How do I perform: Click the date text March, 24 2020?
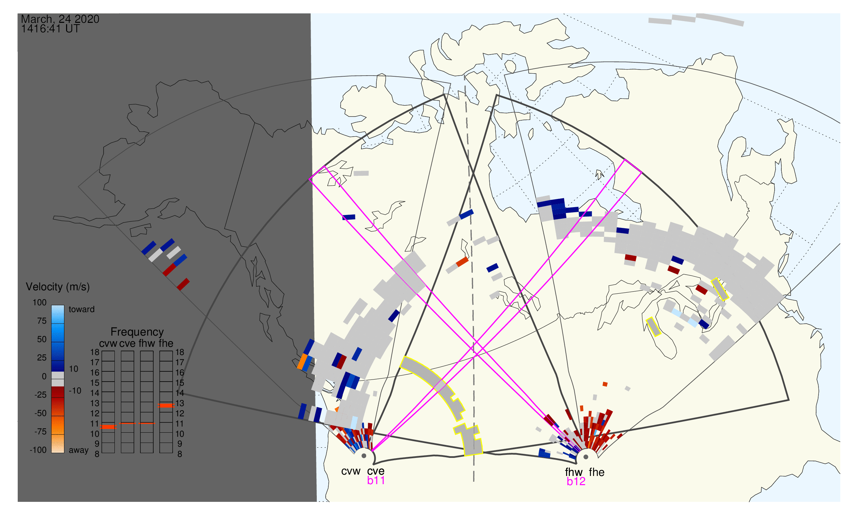tap(60, 19)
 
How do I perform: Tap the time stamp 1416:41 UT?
tap(50, 29)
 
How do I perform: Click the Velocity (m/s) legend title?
tap(58, 287)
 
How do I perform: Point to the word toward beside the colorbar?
tap(82, 310)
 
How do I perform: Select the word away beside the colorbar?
tap(79, 450)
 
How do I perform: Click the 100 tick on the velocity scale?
tap(40, 303)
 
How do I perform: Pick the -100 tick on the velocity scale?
tap(38, 450)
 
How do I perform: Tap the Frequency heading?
tap(137, 332)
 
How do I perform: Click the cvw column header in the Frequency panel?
tap(108, 344)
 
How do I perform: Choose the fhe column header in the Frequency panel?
tap(166, 344)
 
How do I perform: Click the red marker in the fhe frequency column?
tap(166, 406)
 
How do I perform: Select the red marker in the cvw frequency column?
tap(108, 427)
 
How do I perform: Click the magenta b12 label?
tap(576, 482)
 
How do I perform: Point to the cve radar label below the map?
tap(376, 472)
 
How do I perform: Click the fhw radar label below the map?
tap(574, 473)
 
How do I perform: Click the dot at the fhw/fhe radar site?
tap(586, 457)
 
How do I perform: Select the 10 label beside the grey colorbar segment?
tap(74, 369)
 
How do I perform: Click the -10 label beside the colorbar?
tap(75, 391)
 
